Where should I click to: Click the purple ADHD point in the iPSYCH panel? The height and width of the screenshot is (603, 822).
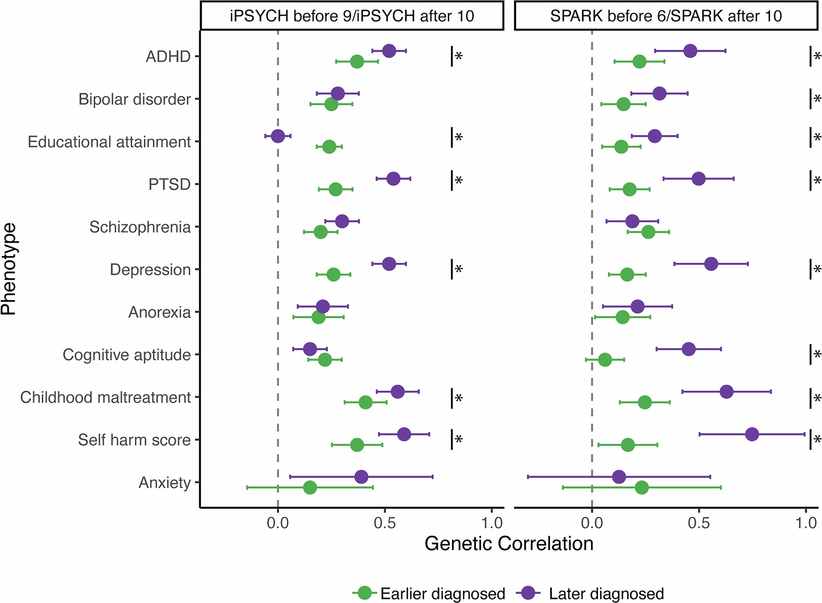point(389,51)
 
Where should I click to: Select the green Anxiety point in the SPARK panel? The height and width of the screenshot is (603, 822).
point(641,487)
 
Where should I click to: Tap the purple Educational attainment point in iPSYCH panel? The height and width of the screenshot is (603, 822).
point(278,136)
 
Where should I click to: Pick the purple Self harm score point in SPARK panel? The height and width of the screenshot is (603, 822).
point(752,434)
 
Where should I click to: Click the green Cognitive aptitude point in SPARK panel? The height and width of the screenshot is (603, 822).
point(604,359)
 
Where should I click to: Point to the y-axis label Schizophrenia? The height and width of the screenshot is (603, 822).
point(140,227)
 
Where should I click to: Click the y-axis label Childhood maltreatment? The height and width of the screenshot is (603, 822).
point(105,397)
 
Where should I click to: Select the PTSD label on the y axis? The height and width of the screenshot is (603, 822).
point(169,184)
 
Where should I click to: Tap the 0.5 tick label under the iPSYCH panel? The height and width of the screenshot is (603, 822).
point(385,523)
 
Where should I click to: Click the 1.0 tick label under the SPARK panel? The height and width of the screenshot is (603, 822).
point(806,523)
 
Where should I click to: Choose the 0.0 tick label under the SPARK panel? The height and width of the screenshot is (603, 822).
point(591,523)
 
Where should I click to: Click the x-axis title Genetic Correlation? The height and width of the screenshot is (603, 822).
point(509,544)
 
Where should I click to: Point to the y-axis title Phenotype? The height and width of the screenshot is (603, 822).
point(9,269)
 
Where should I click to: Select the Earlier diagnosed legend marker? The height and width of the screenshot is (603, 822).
point(364,593)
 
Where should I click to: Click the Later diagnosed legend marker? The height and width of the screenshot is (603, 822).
point(528,593)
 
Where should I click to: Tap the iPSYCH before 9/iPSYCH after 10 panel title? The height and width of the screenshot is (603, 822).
point(352,16)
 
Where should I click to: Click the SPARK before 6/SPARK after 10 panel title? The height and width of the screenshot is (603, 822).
point(666,16)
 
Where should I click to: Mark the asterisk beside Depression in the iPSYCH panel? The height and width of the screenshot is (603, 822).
point(459,269)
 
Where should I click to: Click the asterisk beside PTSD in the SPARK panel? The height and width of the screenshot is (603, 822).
point(817,180)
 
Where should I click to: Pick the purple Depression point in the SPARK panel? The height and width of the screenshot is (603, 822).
point(711,264)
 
